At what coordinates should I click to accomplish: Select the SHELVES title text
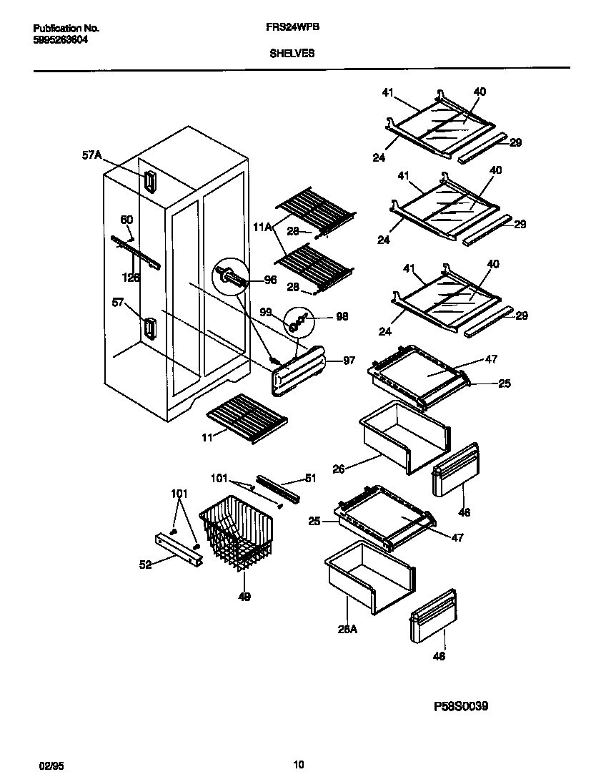pos(292,53)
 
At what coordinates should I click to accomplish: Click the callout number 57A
pos(91,155)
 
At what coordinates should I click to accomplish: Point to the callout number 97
pos(348,361)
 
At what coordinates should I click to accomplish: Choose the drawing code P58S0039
pos(461,706)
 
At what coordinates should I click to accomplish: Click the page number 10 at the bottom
pos(299,765)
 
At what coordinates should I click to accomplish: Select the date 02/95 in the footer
pos(46,766)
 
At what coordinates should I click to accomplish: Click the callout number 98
pos(342,316)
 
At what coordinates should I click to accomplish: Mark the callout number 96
pos(270,280)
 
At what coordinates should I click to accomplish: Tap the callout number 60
pos(126,220)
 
